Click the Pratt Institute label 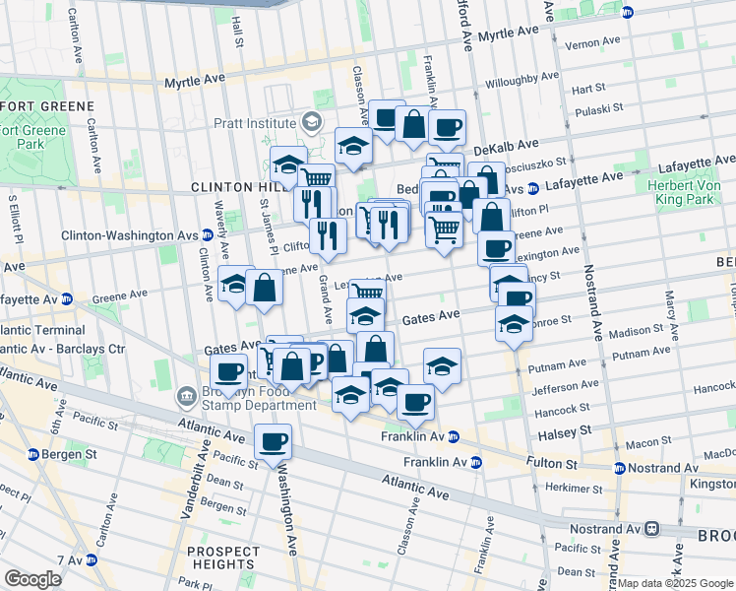[254, 123]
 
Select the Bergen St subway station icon [33, 454]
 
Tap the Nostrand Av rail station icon [651, 528]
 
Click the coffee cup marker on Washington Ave [273, 441]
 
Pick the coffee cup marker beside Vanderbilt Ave [229, 372]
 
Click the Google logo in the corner [33, 579]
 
